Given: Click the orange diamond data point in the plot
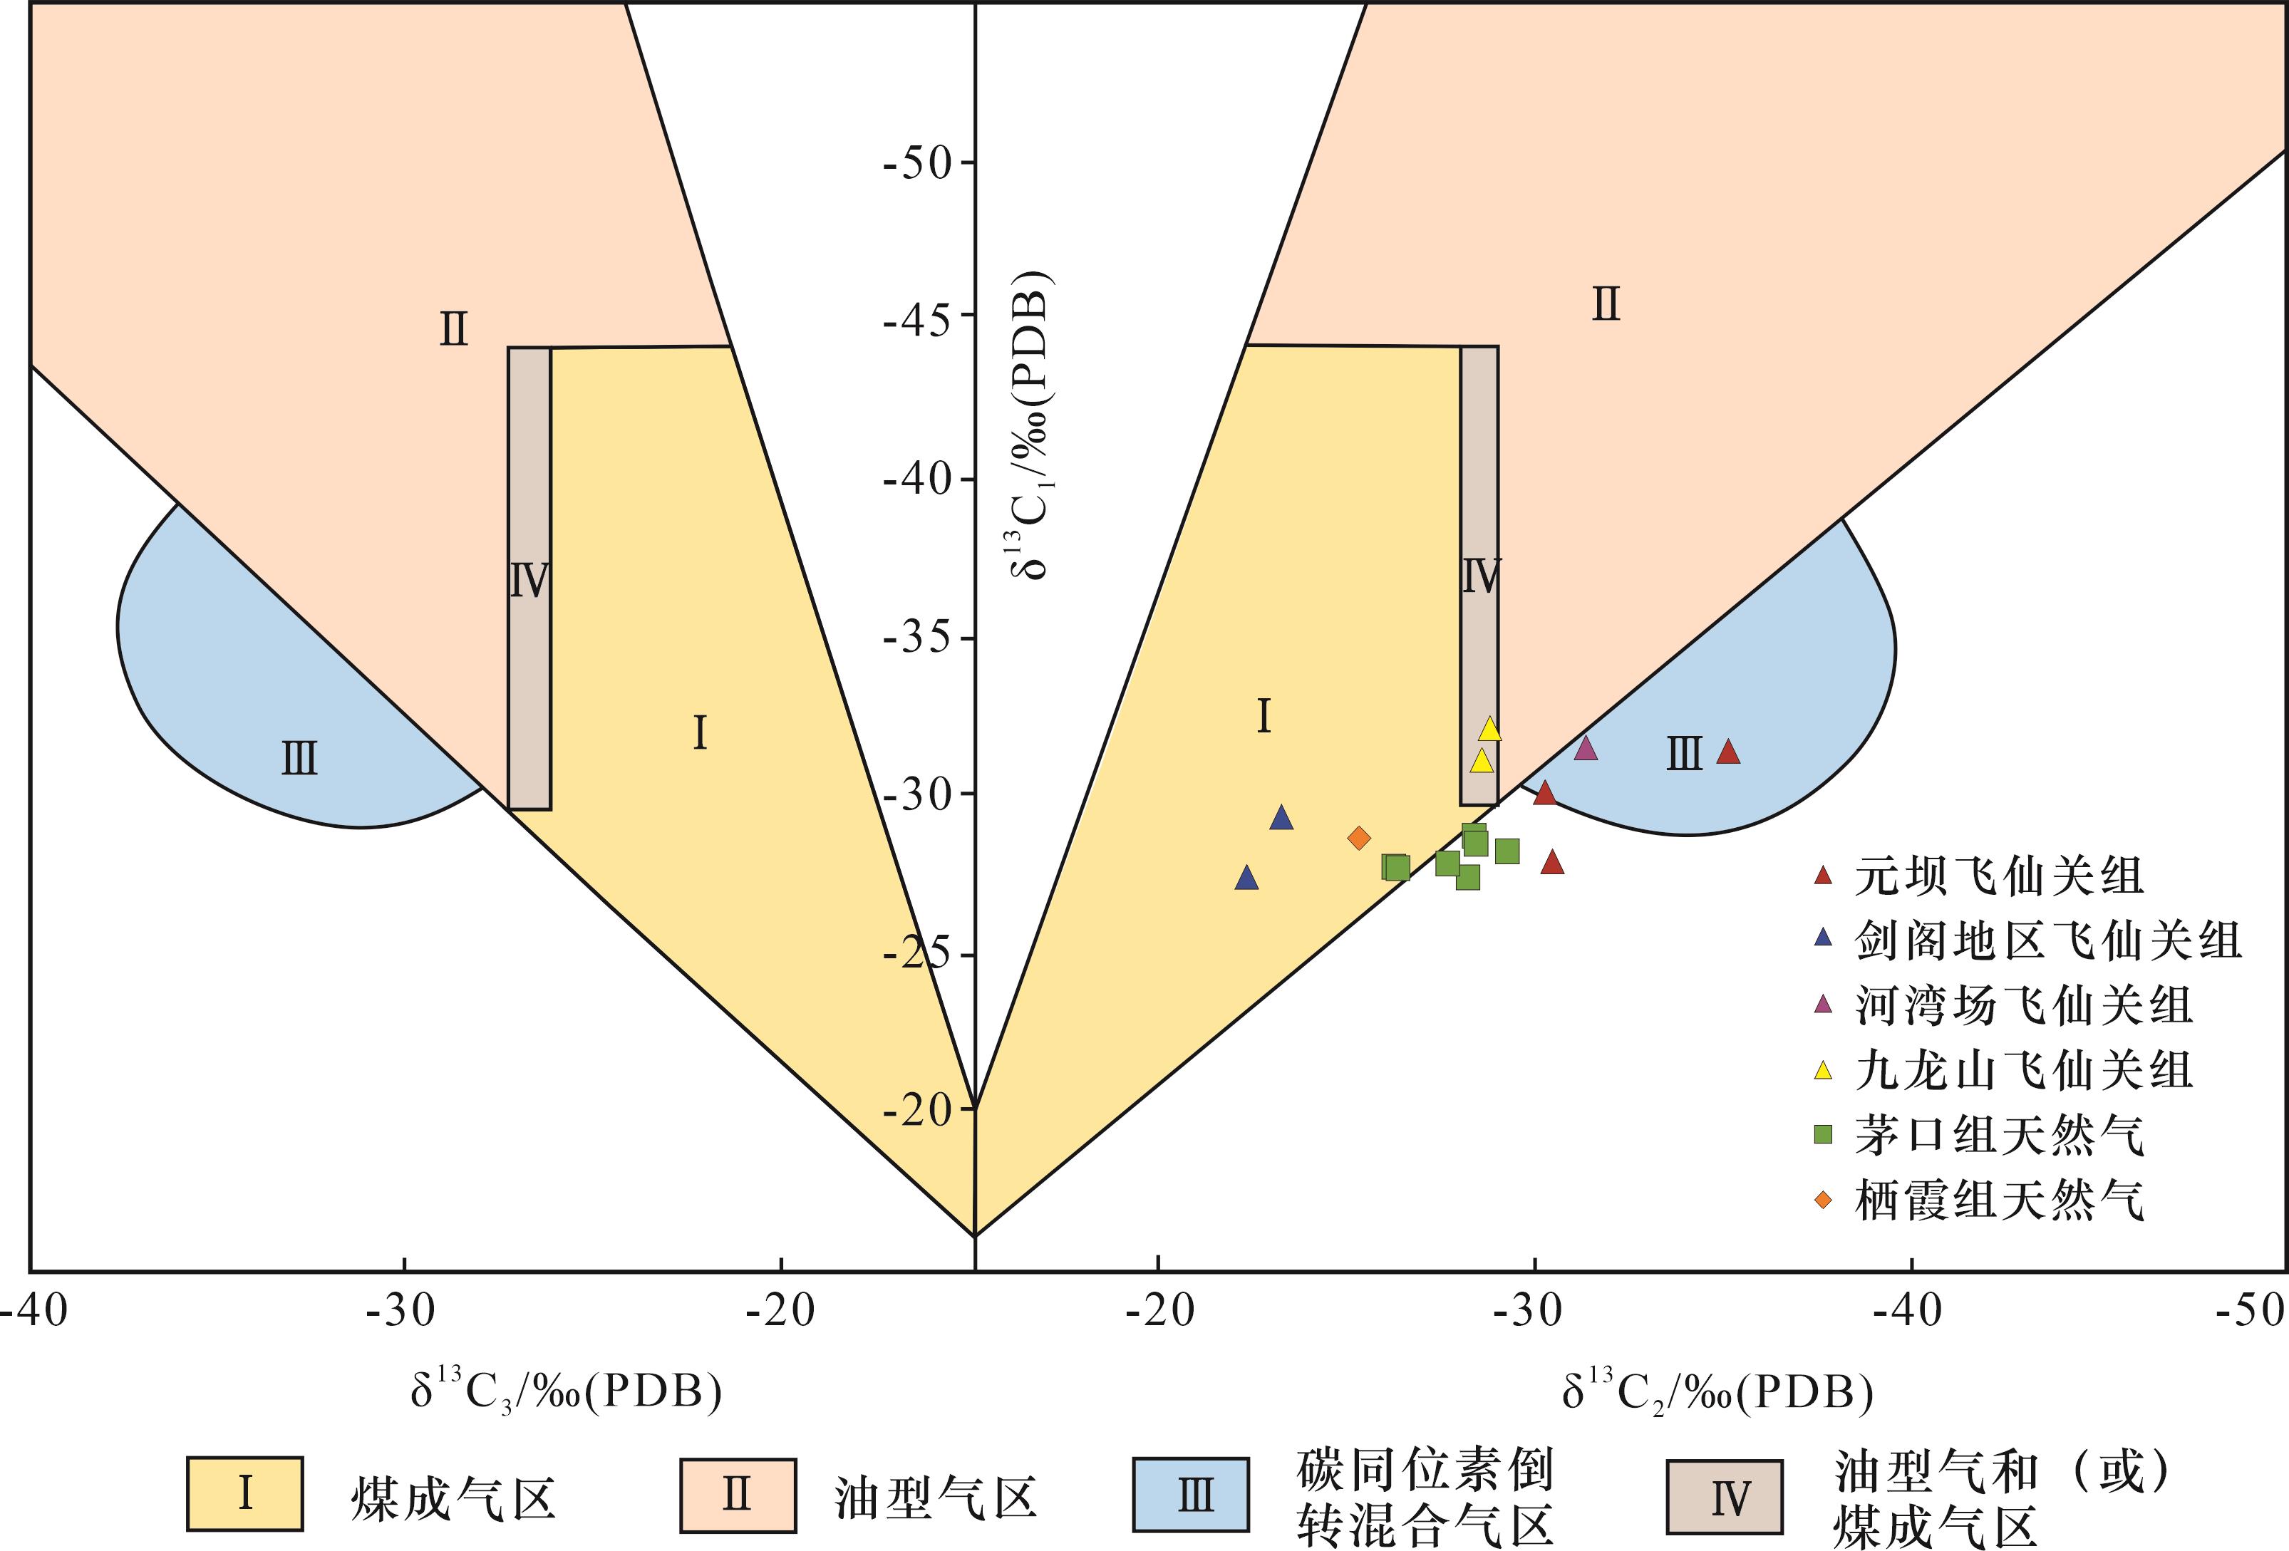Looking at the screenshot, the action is tap(1359, 838).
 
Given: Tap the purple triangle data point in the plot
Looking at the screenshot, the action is tap(1586, 748).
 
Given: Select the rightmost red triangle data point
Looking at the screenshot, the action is tap(1729, 752).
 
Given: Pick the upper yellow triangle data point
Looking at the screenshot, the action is tap(1490, 729).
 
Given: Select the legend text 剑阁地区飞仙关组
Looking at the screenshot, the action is tap(2049, 940).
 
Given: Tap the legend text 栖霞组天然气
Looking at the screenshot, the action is tap(2000, 1200).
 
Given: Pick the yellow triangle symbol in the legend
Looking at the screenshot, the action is tap(1823, 1070).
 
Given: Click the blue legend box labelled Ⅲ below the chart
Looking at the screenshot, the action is tap(1191, 1495).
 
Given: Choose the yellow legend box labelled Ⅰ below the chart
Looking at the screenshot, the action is tap(245, 1494).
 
